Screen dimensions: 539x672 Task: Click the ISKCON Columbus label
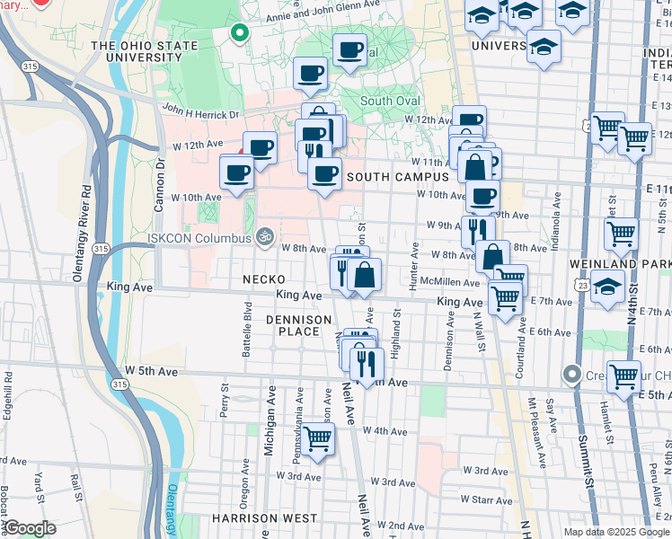point(200,238)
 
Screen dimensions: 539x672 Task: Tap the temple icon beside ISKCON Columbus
point(264,237)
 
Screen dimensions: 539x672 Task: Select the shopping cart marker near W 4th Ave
point(318,438)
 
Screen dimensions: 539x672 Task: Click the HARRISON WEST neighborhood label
point(264,518)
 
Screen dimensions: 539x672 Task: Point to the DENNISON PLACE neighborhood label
point(292,325)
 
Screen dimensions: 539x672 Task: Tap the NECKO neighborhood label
point(263,280)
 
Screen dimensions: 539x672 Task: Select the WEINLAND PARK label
point(620,264)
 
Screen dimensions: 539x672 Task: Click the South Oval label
point(390,101)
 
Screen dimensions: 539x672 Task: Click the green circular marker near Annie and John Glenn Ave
point(239,34)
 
